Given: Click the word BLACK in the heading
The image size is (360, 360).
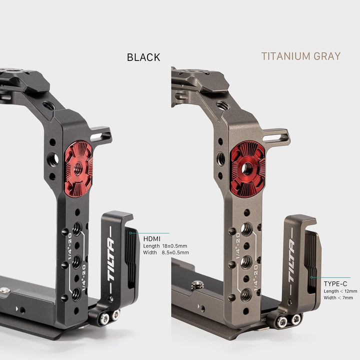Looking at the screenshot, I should tap(143, 57).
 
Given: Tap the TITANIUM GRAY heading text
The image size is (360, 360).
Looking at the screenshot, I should tap(300, 56).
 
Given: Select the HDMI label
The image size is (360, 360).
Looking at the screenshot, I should tap(151, 239).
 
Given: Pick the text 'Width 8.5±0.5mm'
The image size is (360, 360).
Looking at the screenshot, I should tap(166, 253).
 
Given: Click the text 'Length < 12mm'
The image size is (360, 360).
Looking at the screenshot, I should tap(340, 291).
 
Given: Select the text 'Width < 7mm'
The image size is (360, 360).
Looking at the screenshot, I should tap(338, 298).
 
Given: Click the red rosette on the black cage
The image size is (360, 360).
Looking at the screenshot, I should tap(78, 168).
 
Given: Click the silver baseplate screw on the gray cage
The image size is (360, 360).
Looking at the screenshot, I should tap(195, 285).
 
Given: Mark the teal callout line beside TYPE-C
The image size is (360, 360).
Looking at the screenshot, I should tap(330, 277).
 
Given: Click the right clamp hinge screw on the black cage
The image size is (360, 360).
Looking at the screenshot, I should tap(115, 315).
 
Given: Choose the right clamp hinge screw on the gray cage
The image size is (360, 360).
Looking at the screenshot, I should tap(296, 318).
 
